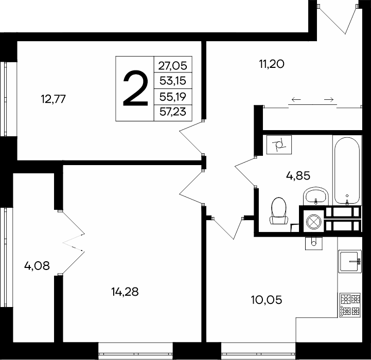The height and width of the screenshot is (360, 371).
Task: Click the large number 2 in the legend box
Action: pyautogui.click(x=135, y=88)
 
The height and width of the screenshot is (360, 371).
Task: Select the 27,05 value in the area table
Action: pyautogui.click(x=172, y=65)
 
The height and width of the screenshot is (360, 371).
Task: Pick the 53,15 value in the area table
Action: pyautogui.click(x=173, y=81)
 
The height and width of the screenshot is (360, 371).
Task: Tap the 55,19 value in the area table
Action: pyautogui.click(x=173, y=97)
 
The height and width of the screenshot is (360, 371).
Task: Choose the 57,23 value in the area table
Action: pyautogui.click(x=173, y=112)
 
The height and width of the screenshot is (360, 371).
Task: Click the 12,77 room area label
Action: pyautogui.click(x=53, y=99)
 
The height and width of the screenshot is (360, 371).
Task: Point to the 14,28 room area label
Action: pyautogui.click(x=125, y=292)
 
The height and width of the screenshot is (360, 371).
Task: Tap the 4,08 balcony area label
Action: pyautogui.click(x=37, y=266)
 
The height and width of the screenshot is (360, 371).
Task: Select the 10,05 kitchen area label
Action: pyautogui.click(x=267, y=300)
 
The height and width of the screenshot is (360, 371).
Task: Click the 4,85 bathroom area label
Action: pyautogui.click(x=298, y=176)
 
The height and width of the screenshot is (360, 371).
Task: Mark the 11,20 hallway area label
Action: pyautogui.click(x=272, y=64)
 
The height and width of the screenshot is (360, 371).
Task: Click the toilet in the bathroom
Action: pyautogui.click(x=279, y=211)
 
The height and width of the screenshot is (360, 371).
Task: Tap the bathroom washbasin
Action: pyautogui.click(x=315, y=196)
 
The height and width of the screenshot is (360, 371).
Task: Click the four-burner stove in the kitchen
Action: pyautogui.click(x=350, y=305)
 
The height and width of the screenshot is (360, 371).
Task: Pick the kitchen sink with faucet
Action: pyautogui.click(x=350, y=261)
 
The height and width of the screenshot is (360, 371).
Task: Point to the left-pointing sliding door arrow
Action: pyautogui.click(x=296, y=100)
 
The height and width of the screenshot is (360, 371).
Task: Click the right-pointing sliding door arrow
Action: pyautogui.click(x=329, y=100)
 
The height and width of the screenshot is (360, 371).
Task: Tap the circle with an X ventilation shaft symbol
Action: pyautogui.click(x=313, y=222)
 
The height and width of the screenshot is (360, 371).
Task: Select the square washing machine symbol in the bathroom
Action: pyautogui.click(x=279, y=145)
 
